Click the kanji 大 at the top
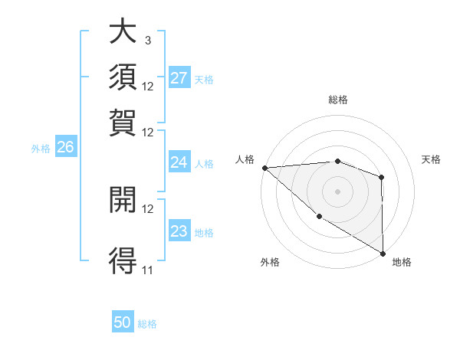[x=123, y=33]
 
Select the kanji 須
[x=123, y=77]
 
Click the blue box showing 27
[x=179, y=78]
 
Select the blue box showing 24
[x=179, y=162]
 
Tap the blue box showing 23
[x=179, y=231]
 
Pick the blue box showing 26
[x=65, y=148]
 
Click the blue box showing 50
[x=123, y=322]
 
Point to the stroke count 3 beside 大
[x=147, y=40]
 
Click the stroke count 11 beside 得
[x=147, y=270]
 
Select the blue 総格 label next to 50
[x=147, y=324]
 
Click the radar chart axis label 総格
[x=338, y=100]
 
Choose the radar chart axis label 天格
[x=431, y=159]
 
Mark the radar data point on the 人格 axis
[x=264, y=168]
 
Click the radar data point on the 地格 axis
[x=382, y=253]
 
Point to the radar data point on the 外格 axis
[x=319, y=217]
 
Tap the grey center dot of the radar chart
[x=338, y=191]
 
